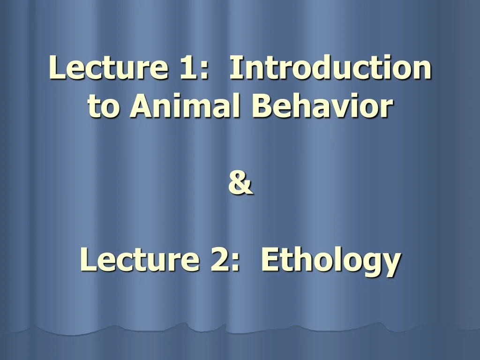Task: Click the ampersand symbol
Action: point(240,183)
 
